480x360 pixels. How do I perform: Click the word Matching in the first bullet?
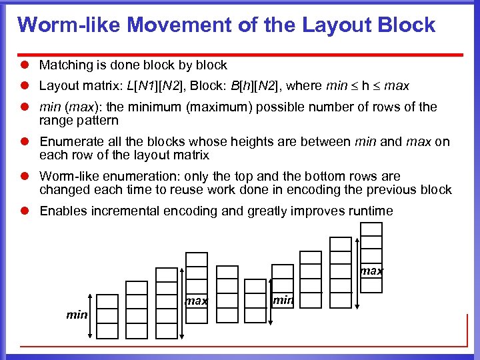(64, 65)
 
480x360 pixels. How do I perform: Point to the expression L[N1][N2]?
(157, 86)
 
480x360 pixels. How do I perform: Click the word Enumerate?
(72, 141)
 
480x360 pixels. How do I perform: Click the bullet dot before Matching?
(25, 65)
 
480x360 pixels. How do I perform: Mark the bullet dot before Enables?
(25, 211)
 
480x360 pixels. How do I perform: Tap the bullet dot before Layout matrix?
(25, 86)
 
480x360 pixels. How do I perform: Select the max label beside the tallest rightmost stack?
(372, 271)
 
